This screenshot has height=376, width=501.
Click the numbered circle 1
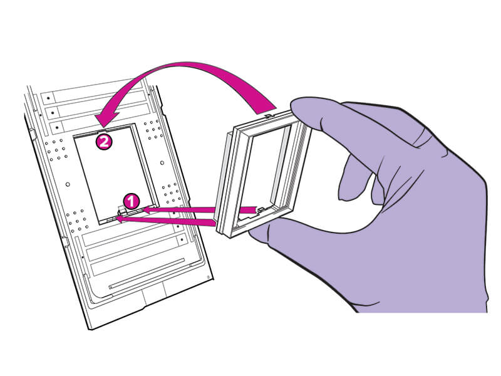tap(131, 201)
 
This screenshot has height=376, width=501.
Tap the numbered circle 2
tap(105, 142)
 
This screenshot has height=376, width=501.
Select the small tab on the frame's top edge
tap(269, 115)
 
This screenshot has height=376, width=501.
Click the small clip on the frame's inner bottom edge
tap(261, 210)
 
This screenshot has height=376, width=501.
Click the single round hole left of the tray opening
tap(68, 184)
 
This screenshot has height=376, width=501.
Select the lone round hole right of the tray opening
tap(162, 163)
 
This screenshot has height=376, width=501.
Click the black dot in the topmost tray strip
tap(49, 98)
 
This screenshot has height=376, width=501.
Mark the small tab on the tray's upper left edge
tap(32, 132)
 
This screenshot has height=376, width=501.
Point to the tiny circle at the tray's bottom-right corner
tap(209, 277)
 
